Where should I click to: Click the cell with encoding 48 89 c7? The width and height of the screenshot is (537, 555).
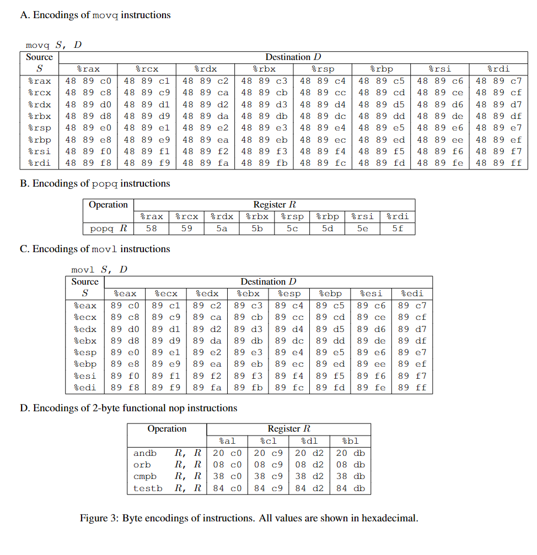[x=498, y=81]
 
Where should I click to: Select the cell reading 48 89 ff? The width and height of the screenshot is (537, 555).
[x=498, y=163]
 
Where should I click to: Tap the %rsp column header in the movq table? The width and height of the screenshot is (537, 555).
[x=323, y=69]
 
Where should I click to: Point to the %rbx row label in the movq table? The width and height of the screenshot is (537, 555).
[x=39, y=116]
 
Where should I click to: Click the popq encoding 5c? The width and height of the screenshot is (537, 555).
[x=292, y=228]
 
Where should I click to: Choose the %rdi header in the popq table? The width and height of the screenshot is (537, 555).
[x=398, y=216]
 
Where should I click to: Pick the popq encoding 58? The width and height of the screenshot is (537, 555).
[x=152, y=228]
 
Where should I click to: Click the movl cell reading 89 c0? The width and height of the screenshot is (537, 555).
[x=125, y=305]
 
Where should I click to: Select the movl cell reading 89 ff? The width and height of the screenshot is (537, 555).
[x=412, y=388]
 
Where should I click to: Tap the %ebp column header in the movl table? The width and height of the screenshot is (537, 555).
[x=330, y=293]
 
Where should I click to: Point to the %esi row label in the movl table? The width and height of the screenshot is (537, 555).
[x=85, y=376]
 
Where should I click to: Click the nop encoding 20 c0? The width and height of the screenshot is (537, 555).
[x=227, y=453]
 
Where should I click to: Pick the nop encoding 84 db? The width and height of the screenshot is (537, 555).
[x=350, y=488]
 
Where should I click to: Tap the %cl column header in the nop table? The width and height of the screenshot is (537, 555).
[x=268, y=441]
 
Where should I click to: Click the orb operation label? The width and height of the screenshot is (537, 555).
[x=142, y=465]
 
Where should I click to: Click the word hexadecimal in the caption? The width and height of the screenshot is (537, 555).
[x=391, y=518]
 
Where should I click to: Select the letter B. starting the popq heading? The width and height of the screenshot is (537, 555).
[x=24, y=183]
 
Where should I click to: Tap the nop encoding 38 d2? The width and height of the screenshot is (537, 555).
[x=309, y=476]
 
